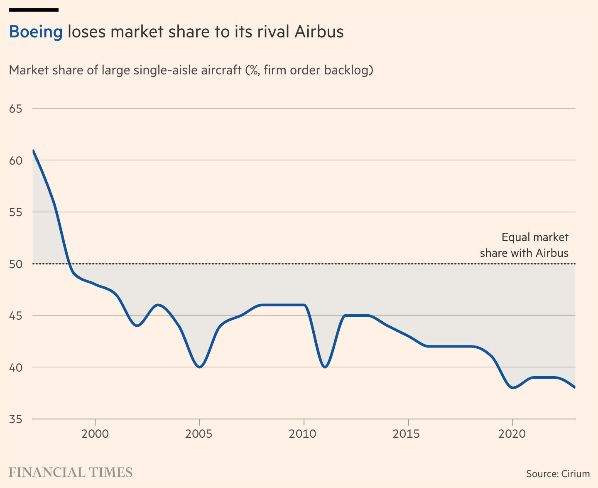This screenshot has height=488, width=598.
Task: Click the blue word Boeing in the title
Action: pos(36,32)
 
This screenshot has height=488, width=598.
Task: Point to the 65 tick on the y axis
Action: pos(15,109)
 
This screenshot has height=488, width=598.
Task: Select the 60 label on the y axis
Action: pos(15,160)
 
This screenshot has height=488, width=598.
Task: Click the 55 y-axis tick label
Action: pos(15,212)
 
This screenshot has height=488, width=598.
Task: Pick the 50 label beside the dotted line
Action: pos(15,264)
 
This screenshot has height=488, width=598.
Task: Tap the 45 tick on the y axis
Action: pos(15,316)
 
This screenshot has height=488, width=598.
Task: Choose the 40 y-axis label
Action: pos(15,367)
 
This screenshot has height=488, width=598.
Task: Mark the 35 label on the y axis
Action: pos(15,419)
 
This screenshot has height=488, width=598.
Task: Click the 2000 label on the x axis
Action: pos(95,434)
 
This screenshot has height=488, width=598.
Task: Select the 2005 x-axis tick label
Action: pos(199,434)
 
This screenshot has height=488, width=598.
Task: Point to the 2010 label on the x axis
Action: pos(304,434)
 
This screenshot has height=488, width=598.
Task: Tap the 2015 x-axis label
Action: pos(408,434)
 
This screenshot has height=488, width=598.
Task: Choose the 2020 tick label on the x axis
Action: pos(512,434)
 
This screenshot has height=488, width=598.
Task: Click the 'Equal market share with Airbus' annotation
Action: pos(524,245)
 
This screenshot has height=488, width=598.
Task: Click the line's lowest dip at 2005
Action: pos(199,367)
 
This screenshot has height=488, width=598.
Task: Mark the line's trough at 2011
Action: pos(325,367)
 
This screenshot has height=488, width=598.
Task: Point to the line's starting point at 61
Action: pos(33,150)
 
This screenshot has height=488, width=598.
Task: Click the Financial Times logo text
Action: pos(71,473)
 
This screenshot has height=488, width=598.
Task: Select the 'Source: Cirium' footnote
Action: pos(558,473)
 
